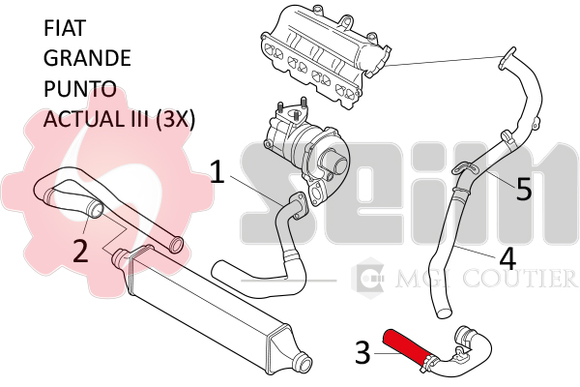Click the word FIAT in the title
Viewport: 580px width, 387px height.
(65, 28)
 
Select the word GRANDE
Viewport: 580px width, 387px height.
(87, 58)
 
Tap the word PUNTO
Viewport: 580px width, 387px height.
(80, 89)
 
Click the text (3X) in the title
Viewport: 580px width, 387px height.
(175, 120)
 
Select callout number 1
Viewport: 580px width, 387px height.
(217, 171)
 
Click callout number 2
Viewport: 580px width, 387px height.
(80, 252)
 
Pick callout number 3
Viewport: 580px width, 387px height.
(362, 352)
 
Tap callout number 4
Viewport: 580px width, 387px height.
(507, 257)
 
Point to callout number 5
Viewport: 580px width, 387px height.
(524, 189)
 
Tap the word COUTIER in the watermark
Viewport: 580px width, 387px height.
(519, 279)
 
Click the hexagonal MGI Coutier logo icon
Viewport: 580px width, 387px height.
(367, 278)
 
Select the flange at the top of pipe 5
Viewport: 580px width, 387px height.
(507, 58)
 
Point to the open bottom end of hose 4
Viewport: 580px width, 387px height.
(444, 312)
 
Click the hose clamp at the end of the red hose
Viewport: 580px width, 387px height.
(430, 360)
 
